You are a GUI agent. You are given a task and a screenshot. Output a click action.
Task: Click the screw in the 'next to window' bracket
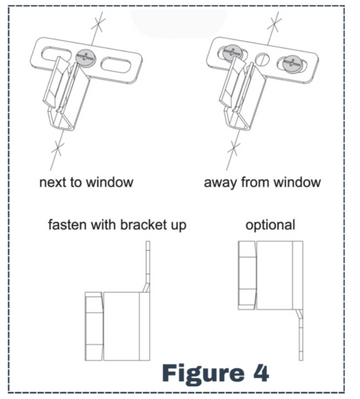click(x=84, y=58)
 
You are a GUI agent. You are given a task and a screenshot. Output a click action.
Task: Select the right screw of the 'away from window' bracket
click(x=292, y=63)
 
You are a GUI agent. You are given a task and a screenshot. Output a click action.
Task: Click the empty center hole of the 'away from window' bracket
click(x=262, y=59)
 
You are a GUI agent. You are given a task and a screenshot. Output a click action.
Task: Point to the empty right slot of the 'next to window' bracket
click(x=115, y=65)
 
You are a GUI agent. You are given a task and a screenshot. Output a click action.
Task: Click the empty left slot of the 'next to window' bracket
click(x=56, y=54)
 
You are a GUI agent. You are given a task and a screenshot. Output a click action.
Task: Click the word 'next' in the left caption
click(x=52, y=182)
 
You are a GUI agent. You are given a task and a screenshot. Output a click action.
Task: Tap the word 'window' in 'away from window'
click(x=297, y=182)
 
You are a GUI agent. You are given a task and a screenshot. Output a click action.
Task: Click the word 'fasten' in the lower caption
click(x=67, y=225)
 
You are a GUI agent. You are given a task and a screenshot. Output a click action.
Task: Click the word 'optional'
click(x=270, y=225)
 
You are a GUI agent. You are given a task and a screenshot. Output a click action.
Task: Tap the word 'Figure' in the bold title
click(x=203, y=373)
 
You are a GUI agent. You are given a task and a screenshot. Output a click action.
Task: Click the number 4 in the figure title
click(x=260, y=373)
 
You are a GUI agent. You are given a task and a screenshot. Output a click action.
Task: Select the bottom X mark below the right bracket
click(x=234, y=149)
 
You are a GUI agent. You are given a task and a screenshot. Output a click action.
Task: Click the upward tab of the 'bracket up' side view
click(x=148, y=267)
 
